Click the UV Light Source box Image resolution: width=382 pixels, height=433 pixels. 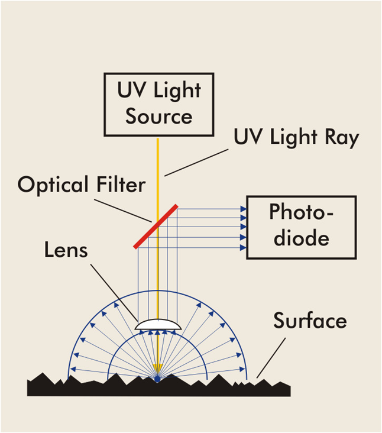(159, 104)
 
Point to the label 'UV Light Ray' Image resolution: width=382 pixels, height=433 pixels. (296, 138)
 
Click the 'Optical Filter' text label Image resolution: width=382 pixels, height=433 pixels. (82, 185)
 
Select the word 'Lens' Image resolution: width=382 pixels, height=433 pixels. (66, 250)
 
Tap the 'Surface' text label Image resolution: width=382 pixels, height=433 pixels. (309, 321)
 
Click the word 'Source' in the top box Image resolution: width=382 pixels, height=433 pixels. (159, 115)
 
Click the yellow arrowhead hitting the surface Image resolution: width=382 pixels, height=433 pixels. (158, 375)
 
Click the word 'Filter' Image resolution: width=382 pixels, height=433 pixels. (117, 185)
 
